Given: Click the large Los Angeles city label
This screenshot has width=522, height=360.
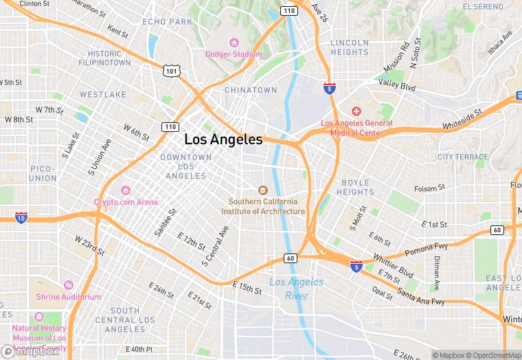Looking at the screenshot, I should pyautogui.click(x=223, y=139).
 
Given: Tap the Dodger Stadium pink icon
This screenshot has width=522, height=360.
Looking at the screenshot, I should pyautogui.click(x=234, y=43).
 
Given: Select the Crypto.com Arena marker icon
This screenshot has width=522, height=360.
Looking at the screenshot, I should pyautogui.click(x=126, y=190).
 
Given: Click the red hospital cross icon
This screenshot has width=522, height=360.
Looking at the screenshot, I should pyautogui.click(x=356, y=111).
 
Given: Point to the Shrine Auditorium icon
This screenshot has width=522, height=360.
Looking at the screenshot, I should pyautogui.click(x=68, y=285).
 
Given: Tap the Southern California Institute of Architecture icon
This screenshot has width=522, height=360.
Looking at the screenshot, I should pyautogui.click(x=262, y=190).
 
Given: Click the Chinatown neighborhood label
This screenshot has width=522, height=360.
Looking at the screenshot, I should pyautogui.click(x=251, y=90).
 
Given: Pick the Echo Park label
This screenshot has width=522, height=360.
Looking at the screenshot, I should pyautogui.click(x=168, y=22).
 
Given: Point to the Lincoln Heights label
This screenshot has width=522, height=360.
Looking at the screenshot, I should pyautogui.click(x=350, y=47).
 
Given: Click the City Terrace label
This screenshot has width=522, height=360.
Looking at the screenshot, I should pyautogui.click(x=462, y=157).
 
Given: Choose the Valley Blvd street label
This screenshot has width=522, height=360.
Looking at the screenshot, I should pyautogui.click(x=397, y=87).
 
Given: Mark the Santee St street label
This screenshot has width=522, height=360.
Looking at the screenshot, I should pyautogui.click(x=164, y=223).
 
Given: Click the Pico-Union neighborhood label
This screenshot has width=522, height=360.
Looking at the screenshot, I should pyautogui.click(x=43, y=173).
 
